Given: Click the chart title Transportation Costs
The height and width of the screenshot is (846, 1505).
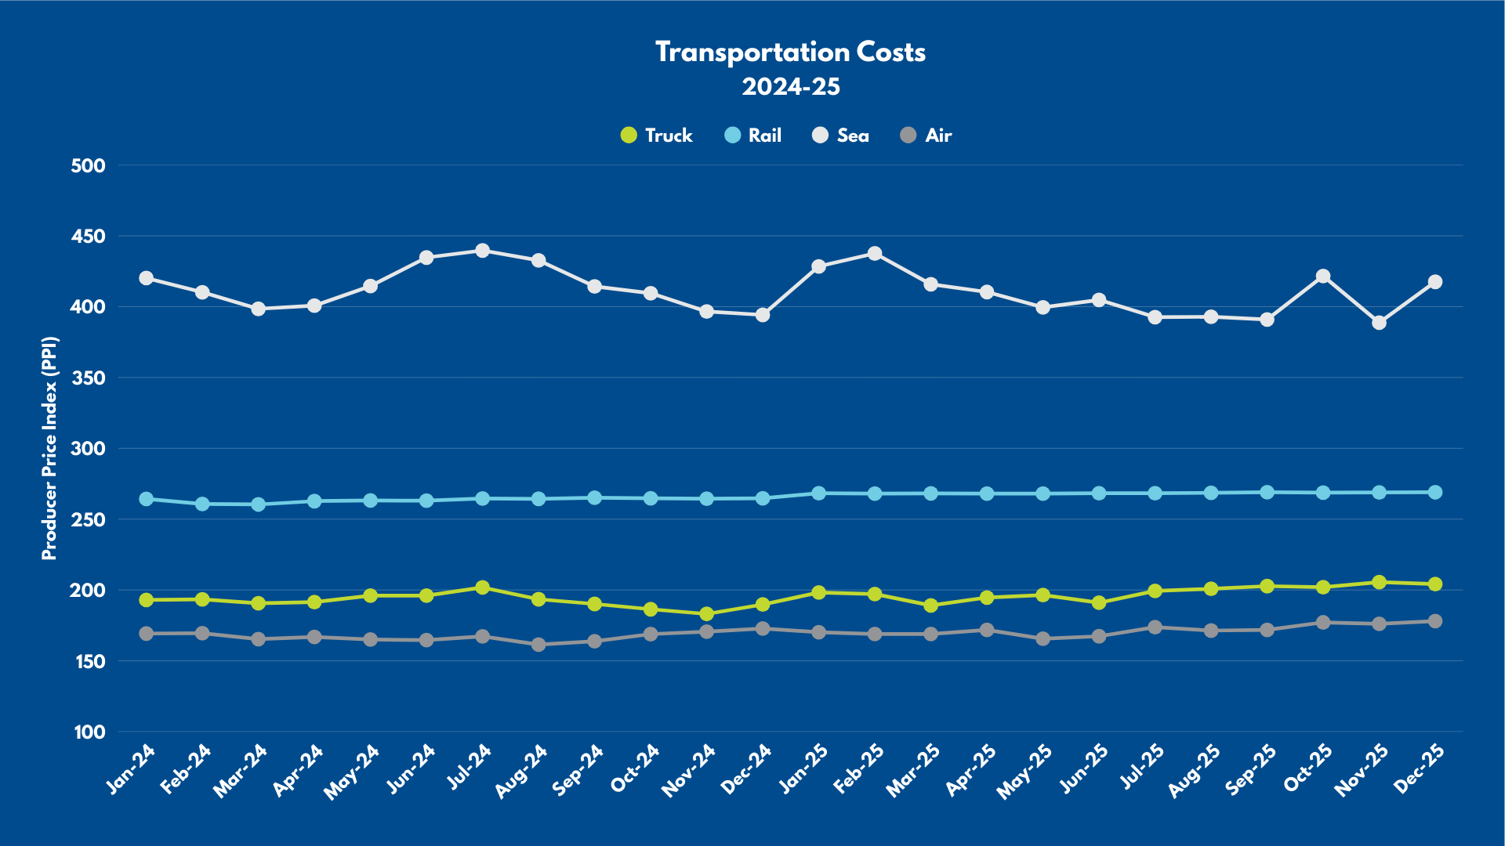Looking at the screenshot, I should pyautogui.click(x=790, y=52).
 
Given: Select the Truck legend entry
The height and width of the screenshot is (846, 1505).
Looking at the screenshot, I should pyautogui.click(x=657, y=136).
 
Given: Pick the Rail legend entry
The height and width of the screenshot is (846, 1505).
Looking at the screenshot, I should pyautogui.click(x=753, y=136).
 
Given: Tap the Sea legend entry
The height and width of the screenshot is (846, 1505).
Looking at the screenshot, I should pyautogui.click(x=841, y=136).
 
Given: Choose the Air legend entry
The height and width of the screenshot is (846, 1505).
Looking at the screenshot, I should pyautogui.click(x=927, y=136).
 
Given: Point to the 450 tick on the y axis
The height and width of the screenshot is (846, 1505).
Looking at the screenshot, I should pyautogui.click(x=88, y=236).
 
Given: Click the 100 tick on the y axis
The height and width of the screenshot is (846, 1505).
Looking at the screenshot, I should pyautogui.click(x=89, y=732).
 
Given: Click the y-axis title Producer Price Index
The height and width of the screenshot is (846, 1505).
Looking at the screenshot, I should pyautogui.click(x=49, y=448).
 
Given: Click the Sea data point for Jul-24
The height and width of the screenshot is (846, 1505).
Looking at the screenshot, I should pyautogui.click(x=483, y=251).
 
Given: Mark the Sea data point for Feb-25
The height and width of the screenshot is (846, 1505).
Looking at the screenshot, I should pyautogui.click(x=875, y=254).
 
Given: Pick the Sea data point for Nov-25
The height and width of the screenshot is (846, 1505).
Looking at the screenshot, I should pyautogui.click(x=1379, y=323).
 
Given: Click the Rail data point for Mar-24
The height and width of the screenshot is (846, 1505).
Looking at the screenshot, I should pyautogui.click(x=259, y=504).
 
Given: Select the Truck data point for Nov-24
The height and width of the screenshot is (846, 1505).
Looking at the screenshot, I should pyautogui.click(x=706, y=614).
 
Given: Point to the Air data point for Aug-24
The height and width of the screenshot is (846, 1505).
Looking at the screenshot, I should pyautogui.click(x=539, y=645).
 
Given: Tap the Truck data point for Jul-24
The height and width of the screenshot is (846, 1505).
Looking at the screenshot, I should pyautogui.click(x=483, y=587).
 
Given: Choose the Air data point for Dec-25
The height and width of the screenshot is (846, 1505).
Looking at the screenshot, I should pyautogui.click(x=1435, y=621).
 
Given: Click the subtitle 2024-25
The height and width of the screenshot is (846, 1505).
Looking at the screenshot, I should pyautogui.click(x=790, y=87).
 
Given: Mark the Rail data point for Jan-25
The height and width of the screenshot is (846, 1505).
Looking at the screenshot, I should pyautogui.click(x=819, y=493).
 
